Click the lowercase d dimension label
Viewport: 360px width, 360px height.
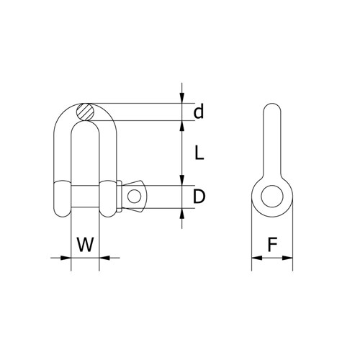pyautogui.click(x=199, y=112)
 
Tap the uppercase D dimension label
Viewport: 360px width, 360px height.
pyautogui.click(x=199, y=197)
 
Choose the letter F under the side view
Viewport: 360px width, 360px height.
pyautogui.click(x=272, y=245)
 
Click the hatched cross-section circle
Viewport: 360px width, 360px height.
pyautogui.click(x=85, y=112)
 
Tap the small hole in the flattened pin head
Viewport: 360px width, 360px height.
pyautogui.click(x=133, y=196)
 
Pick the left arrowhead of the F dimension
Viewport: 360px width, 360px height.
pyautogui.click(x=254, y=256)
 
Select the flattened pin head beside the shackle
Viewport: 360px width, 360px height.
pyautogui.click(x=135, y=196)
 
